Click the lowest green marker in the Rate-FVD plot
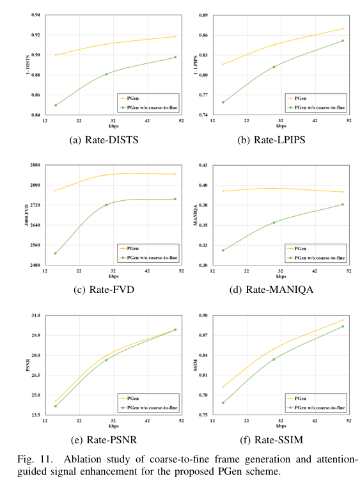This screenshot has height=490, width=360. (x=56, y=253)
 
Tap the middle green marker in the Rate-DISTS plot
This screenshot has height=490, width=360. (x=106, y=74)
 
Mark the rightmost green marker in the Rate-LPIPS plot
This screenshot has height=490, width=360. (x=343, y=40)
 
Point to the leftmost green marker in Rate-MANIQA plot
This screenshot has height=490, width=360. (x=223, y=250)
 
